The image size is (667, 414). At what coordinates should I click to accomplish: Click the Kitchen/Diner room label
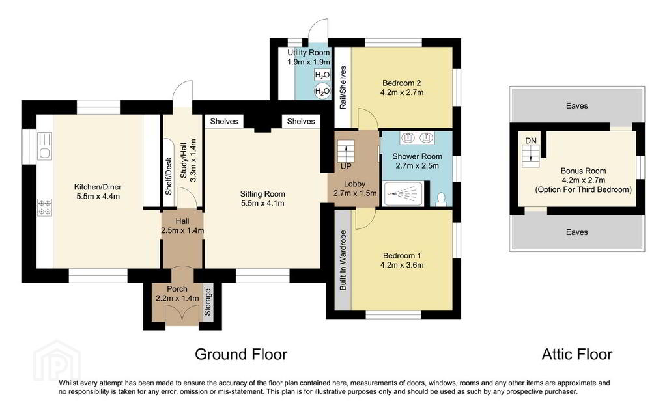coord(98,187)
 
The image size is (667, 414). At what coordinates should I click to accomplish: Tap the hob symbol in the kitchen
coord(45,208)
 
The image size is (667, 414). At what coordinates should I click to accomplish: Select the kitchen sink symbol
coord(44,146)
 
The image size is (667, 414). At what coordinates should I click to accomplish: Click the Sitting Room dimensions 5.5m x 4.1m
coord(263,203)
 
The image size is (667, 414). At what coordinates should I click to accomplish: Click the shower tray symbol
coord(403,194)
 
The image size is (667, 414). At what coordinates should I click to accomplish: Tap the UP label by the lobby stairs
coord(346,167)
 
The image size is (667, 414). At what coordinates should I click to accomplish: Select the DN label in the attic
coord(530,141)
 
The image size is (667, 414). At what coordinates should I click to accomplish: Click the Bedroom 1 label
coord(402,255)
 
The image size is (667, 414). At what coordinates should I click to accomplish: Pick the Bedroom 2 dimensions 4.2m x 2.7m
coord(402,92)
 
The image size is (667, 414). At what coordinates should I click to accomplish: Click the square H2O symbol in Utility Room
coord(322,76)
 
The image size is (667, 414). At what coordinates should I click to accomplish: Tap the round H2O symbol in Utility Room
coord(322,91)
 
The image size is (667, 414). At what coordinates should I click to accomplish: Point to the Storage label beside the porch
coord(208,302)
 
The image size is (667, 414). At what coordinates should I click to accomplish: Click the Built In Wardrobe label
coord(343,260)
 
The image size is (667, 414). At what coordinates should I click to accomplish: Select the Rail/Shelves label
coord(343,87)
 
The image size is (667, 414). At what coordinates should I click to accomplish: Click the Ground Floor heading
coord(241,354)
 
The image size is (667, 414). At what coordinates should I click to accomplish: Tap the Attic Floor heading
coord(577,354)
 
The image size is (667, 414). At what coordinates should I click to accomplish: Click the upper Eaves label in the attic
coord(577,106)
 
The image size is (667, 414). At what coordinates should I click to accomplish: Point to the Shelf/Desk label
coord(169,176)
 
